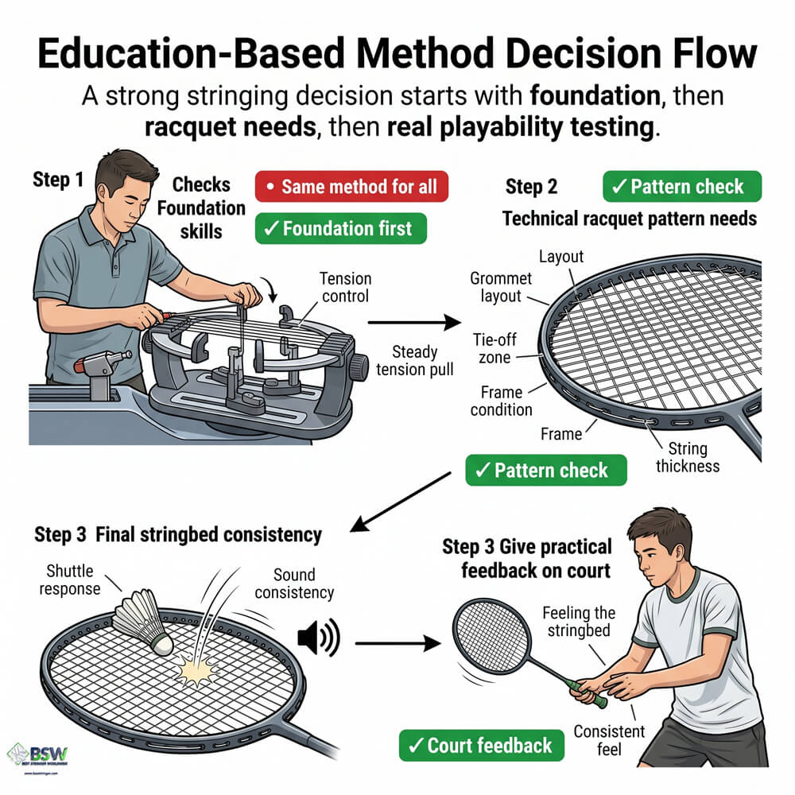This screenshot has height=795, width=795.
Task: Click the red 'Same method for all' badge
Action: click(x=351, y=188)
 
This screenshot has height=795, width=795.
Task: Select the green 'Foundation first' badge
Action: click(x=340, y=229)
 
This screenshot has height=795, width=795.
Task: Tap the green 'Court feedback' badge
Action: click(x=481, y=745)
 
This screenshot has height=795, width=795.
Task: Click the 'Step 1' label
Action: click(x=58, y=180)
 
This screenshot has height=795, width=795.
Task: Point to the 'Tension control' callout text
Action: click(x=346, y=288)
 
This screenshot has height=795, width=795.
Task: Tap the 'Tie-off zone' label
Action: click(x=497, y=347)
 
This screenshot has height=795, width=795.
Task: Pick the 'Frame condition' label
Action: click(x=501, y=401)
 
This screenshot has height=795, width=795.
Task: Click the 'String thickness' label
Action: click(x=687, y=457)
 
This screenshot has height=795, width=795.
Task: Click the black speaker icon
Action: click(x=317, y=637)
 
